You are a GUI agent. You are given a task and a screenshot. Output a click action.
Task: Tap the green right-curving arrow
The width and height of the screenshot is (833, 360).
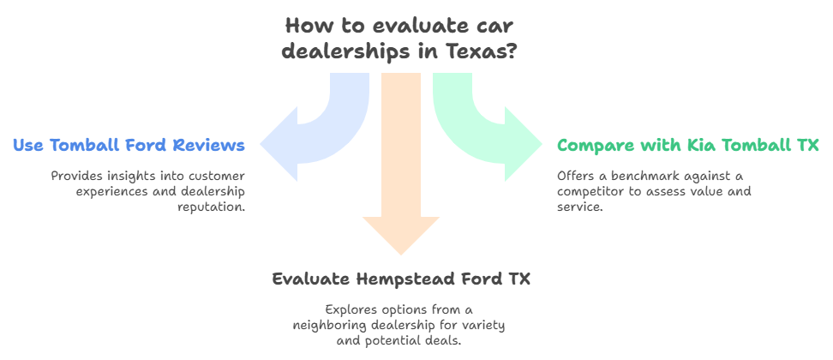[488, 129]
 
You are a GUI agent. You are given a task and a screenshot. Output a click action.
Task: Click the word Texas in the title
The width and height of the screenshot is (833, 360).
[481, 51]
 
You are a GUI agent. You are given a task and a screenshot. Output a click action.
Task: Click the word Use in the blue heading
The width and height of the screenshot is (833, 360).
[28, 146]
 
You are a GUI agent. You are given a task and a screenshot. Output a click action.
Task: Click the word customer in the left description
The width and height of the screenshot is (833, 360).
[209, 176]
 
